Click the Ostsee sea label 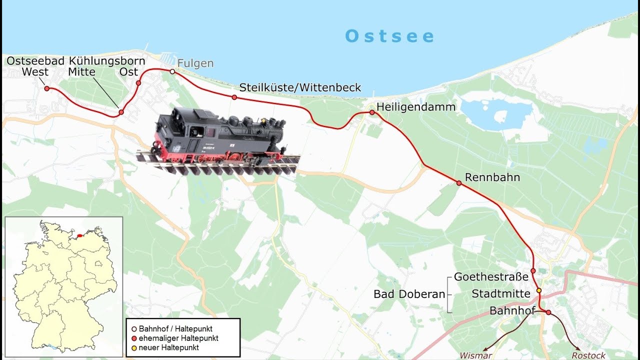point(389,36)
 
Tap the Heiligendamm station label point(415,107)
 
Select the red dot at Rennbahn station point(459,183)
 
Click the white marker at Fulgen point(172,71)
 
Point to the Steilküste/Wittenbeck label point(300,87)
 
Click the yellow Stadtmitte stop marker point(539,290)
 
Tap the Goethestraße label point(491,277)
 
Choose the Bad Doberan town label point(409,294)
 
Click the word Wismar point(475,355)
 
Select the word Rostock point(588,355)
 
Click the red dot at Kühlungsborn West point(47,88)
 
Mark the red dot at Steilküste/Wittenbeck point(234,97)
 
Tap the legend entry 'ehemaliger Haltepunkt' point(178,338)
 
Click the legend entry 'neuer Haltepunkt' point(168,347)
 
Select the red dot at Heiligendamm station point(372,112)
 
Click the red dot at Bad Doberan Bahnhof point(548,312)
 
